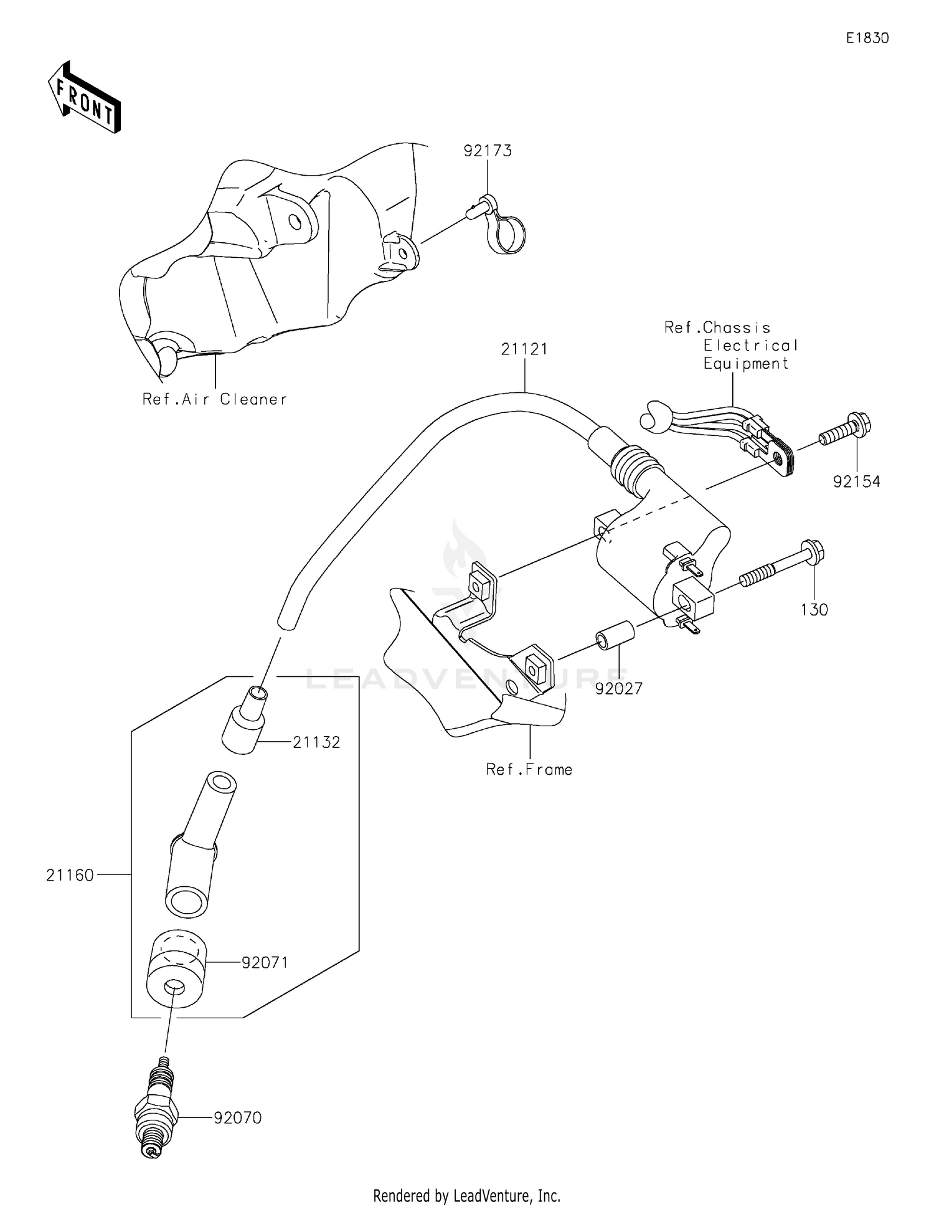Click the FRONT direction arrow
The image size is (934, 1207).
coord(84,98)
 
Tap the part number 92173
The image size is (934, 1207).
coord(487,151)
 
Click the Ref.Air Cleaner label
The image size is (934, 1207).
coord(215,399)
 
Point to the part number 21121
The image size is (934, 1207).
coord(524,349)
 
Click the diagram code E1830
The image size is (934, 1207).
coord(867,38)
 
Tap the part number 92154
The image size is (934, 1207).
coord(857,481)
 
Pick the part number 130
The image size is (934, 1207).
coord(814,610)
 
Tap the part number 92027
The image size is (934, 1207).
coord(618,689)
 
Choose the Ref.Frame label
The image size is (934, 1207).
coord(529,770)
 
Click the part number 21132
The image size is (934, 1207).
coord(316,742)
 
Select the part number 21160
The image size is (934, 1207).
coord(70,875)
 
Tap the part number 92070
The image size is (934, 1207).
coord(237,1118)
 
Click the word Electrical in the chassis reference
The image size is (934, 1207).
coord(750,346)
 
